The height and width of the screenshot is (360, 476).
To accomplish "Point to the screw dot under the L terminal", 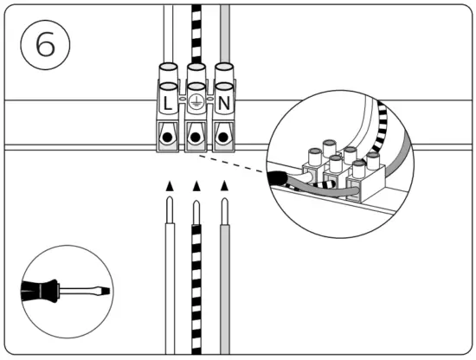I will coord(168,137).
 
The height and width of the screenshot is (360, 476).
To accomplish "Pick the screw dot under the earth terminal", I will coord(196,137).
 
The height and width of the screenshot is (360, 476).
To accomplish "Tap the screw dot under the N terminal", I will coord(225,137).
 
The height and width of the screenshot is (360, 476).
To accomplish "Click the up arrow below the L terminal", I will coord(169,184).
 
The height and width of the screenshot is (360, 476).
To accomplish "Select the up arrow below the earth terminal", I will coord(196,184).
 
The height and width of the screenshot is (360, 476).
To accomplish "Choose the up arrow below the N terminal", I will coord(225,184).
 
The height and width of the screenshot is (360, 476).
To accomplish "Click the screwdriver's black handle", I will coord(40,291).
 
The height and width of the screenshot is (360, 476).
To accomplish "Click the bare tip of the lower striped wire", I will coord(196,209).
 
